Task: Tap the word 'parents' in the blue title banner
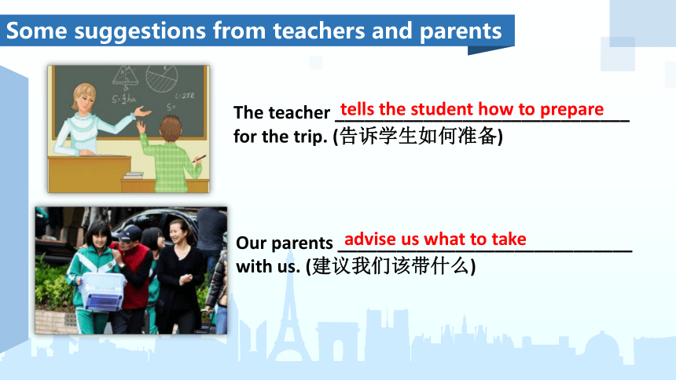pyautogui.click(x=461, y=32)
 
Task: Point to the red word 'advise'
pyautogui.click(x=370, y=239)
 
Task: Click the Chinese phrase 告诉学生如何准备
pyautogui.click(x=417, y=137)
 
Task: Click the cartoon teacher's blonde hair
pyautogui.click(x=83, y=96)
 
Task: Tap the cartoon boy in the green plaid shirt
pyautogui.click(x=172, y=155)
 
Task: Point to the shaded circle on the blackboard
pyautogui.click(x=161, y=78)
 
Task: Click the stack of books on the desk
pyautogui.click(x=134, y=175)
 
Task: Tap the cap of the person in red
pyautogui.click(x=130, y=233)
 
